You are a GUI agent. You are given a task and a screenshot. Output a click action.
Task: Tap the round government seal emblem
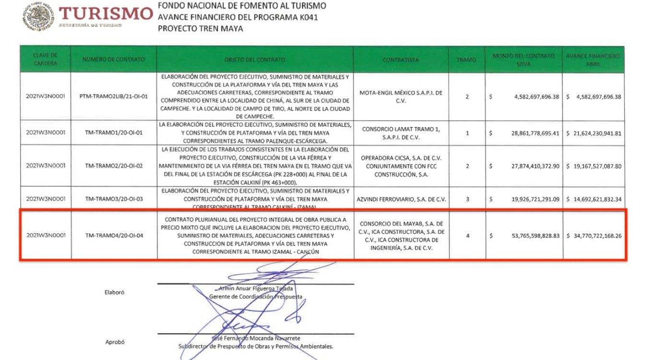click(38, 17)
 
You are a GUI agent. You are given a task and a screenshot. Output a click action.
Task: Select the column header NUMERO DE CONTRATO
click(113, 60)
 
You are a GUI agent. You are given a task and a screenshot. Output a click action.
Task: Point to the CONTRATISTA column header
click(401, 60)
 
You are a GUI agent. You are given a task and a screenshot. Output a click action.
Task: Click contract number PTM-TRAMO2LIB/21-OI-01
click(113, 96)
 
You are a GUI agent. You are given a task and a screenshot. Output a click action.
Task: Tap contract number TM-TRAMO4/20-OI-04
click(113, 236)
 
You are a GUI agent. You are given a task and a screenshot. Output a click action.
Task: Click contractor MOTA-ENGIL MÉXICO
click(401, 96)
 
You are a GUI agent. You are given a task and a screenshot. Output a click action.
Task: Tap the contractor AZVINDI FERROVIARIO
click(401, 199)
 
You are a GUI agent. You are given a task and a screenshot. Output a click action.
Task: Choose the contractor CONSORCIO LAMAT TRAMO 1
click(401, 133)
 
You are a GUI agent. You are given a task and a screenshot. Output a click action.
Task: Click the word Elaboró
click(114, 292)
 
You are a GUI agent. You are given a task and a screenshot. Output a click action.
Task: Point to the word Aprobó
click(115, 342)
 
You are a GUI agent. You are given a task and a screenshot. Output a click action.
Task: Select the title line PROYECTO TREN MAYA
click(200, 28)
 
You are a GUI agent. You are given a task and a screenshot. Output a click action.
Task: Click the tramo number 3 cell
click(466, 199)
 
